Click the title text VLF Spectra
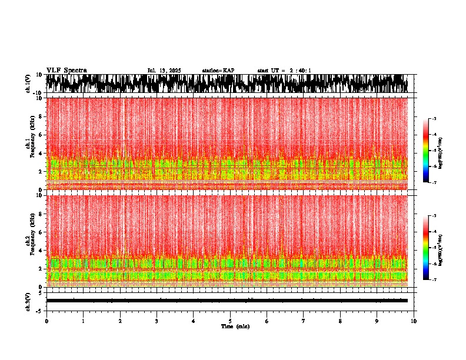[66, 71]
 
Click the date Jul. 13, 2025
[164, 71]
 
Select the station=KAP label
[218, 71]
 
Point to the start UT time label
[284, 71]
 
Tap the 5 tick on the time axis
[230, 321]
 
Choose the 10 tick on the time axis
[414, 321]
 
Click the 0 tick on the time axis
[46, 321]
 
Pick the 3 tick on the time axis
[157, 321]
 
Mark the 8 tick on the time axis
[341, 321]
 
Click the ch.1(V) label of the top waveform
[28, 84]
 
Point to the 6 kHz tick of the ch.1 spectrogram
[41, 135]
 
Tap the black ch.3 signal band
[227, 301]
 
